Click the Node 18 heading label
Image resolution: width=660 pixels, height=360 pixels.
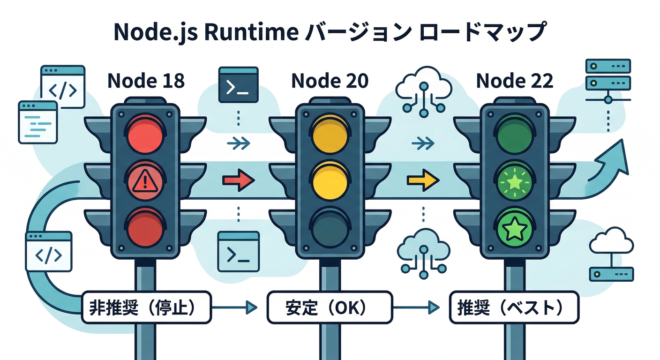(146, 81)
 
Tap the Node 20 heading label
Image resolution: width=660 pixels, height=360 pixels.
(330, 81)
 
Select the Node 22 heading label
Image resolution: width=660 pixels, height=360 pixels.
(514, 81)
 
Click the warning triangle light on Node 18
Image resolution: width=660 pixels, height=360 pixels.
(145, 180)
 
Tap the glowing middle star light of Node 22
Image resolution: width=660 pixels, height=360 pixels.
(514, 181)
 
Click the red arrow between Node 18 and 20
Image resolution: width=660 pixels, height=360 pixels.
(238, 180)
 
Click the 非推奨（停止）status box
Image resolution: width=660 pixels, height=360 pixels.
(146, 307)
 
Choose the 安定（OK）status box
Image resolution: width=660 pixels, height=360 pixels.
(330, 307)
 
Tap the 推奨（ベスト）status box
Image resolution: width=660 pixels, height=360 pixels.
(514, 307)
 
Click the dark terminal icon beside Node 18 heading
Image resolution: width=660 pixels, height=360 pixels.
(239, 85)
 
